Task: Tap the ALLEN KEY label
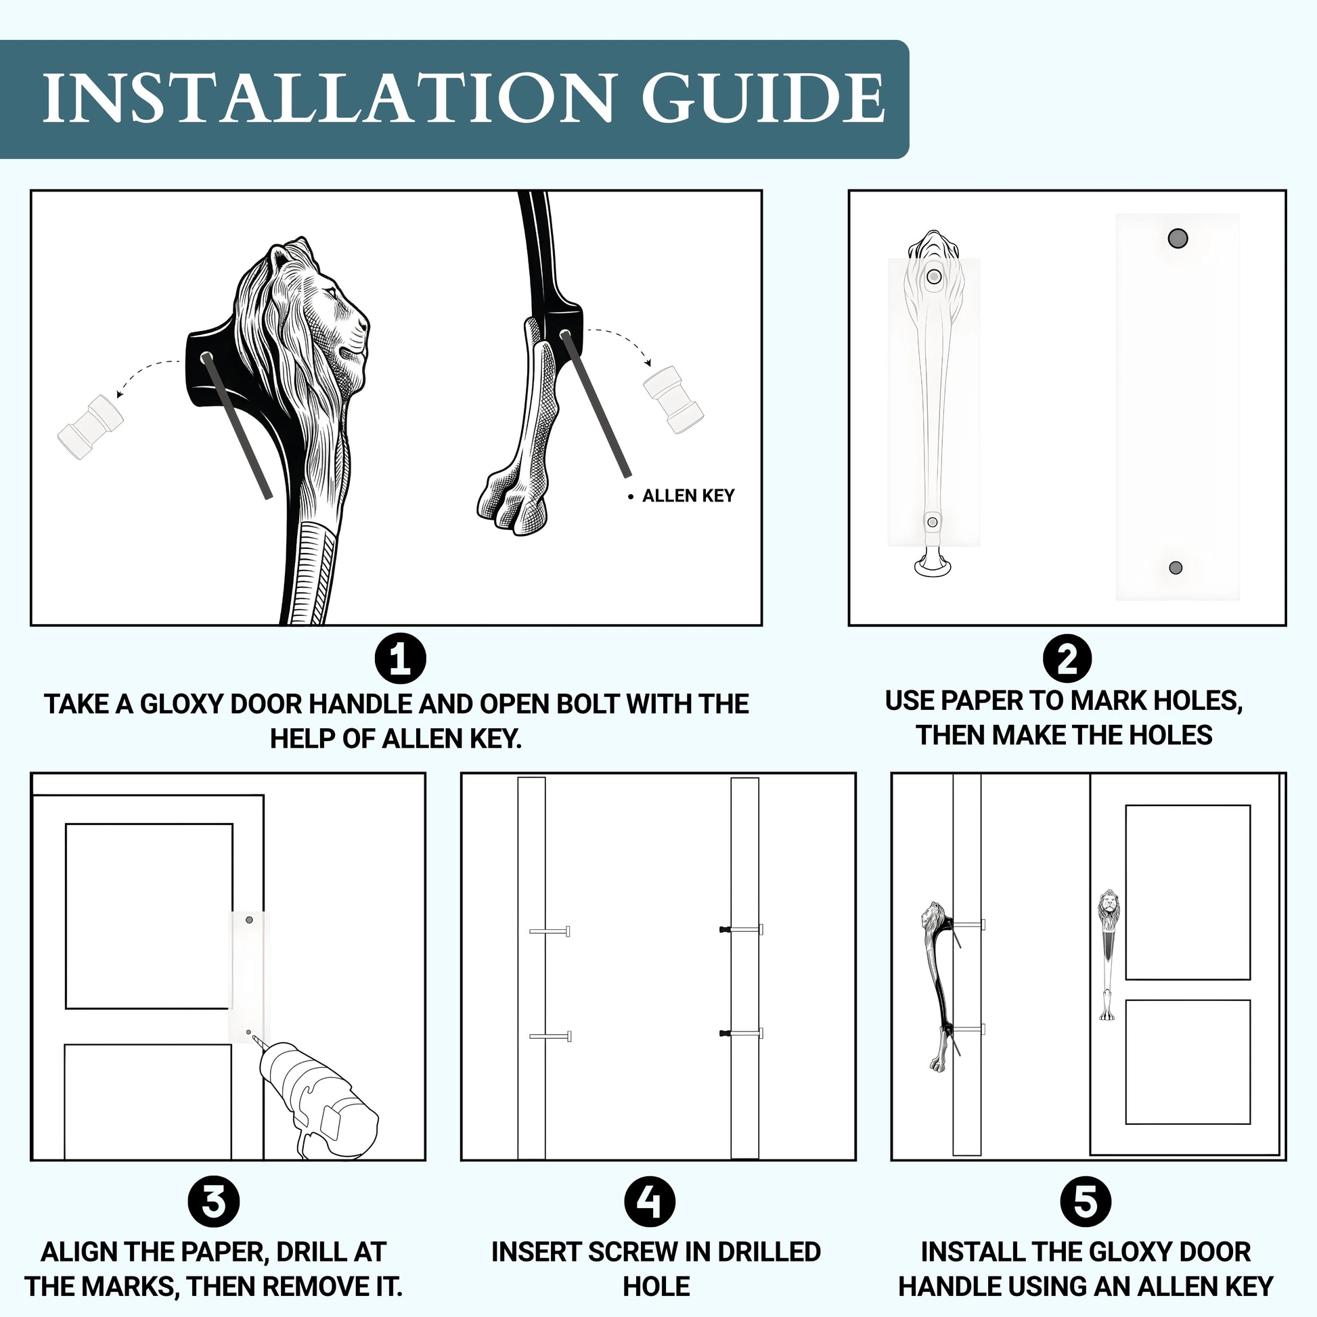click(688, 496)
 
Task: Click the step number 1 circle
click(400, 658)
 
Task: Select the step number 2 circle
click(1067, 658)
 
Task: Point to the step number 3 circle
click(213, 1202)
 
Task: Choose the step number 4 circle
click(649, 1202)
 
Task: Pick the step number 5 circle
click(1086, 1202)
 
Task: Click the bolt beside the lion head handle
click(91, 428)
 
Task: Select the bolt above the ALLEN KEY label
click(673, 399)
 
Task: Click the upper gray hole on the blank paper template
click(1178, 238)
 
